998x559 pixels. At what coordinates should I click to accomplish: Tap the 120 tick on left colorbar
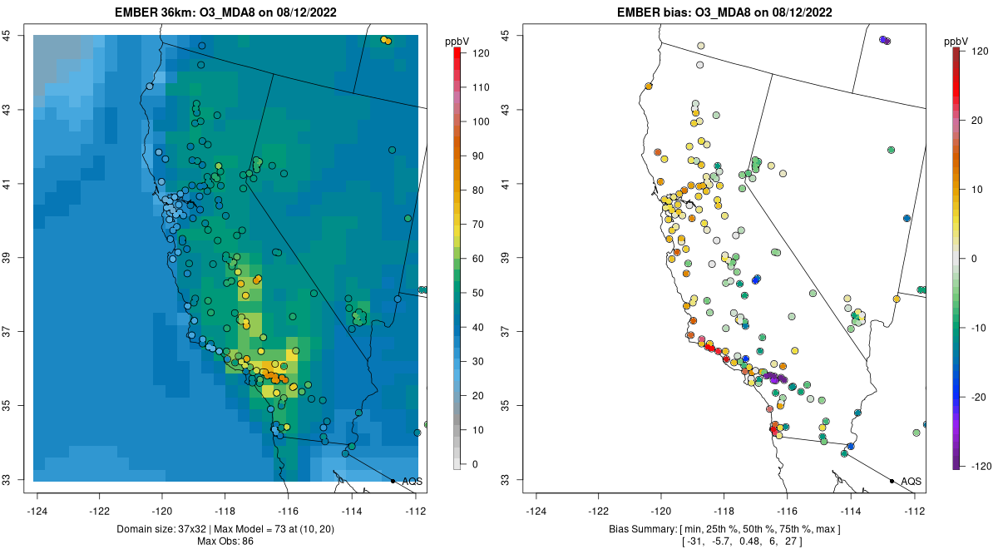click(x=480, y=52)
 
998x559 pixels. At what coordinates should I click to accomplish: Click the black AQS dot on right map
click(x=892, y=481)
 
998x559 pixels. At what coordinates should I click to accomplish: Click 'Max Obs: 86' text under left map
click(x=226, y=542)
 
